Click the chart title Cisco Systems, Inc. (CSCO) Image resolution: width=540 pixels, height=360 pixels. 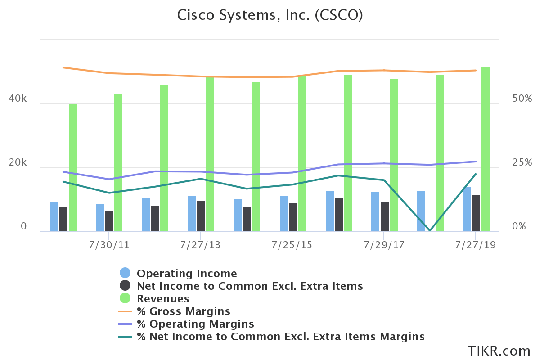point(270,15)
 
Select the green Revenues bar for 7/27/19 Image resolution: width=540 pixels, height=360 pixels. point(485,149)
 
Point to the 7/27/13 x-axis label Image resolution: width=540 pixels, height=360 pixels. point(200,245)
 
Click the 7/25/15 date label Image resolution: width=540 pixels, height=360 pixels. point(292,245)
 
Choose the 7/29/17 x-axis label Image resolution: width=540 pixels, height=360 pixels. point(384,245)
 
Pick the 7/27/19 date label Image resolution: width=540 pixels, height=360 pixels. point(476,245)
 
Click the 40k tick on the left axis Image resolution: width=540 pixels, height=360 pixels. point(18,99)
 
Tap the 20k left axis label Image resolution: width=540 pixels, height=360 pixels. point(18,163)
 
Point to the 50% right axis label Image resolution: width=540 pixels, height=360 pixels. point(522,99)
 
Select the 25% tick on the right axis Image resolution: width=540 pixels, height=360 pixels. point(522,163)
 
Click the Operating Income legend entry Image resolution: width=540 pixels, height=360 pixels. point(186,273)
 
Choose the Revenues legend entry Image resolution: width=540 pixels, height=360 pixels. point(163,298)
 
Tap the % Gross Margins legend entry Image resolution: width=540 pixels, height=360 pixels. point(183,311)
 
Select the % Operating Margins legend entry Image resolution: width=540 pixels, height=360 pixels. point(195,324)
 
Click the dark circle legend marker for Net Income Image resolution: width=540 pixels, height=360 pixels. point(125,285)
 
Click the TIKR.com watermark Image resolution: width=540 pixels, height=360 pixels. point(499,351)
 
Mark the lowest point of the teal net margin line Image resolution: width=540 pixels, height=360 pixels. point(430,230)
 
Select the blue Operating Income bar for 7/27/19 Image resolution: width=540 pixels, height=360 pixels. point(467,209)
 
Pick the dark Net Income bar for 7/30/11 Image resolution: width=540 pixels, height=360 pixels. point(109,221)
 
